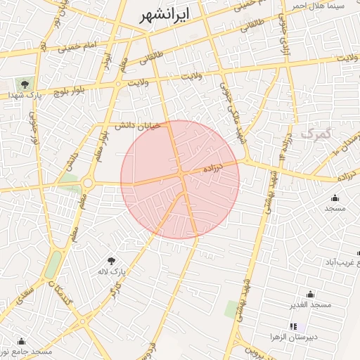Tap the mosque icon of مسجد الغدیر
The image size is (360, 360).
click(x=310, y=294)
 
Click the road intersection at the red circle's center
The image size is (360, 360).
click(x=181, y=173)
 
